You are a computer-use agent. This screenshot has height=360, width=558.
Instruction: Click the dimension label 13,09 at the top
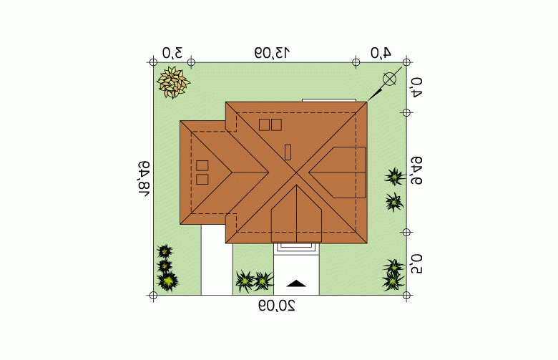pyautogui.click(x=273, y=53)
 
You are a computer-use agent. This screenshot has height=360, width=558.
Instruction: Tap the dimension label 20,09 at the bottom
pyautogui.click(x=277, y=306)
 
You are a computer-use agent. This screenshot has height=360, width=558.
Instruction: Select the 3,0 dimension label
pyautogui.click(x=172, y=53)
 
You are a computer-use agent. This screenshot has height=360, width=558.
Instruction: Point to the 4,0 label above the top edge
pyautogui.click(x=381, y=53)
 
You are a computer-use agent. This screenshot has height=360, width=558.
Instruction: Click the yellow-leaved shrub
pyautogui.click(x=173, y=82)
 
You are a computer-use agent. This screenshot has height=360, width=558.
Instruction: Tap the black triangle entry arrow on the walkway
pyautogui.click(x=296, y=283)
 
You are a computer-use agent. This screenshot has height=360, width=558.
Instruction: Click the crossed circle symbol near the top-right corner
pyautogui.click(x=389, y=79)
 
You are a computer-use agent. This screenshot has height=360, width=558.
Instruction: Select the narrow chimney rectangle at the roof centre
pyautogui.click(x=288, y=152)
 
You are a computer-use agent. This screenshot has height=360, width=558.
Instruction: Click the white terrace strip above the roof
pyautogui.click(x=329, y=100)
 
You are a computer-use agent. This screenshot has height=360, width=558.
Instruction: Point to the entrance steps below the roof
pyautogui.click(x=296, y=248)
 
